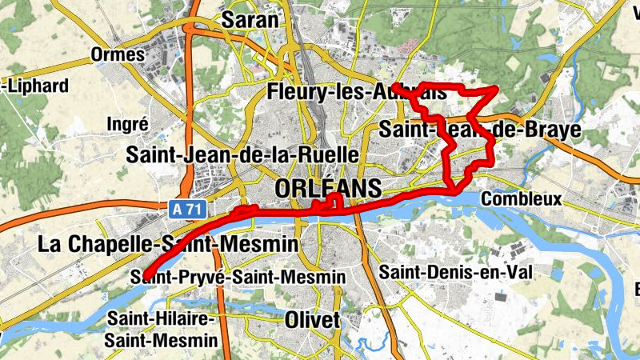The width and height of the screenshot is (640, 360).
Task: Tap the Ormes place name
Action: [118, 55]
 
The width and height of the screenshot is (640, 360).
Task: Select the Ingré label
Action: [127, 124]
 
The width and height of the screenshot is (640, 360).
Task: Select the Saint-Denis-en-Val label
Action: [455, 272]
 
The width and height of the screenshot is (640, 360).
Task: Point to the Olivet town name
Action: [312, 320]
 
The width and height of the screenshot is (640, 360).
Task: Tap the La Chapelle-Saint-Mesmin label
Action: [167, 244]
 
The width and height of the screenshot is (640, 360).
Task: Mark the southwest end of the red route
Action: [146, 276]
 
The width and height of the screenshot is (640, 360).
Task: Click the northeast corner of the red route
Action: [496, 90]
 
